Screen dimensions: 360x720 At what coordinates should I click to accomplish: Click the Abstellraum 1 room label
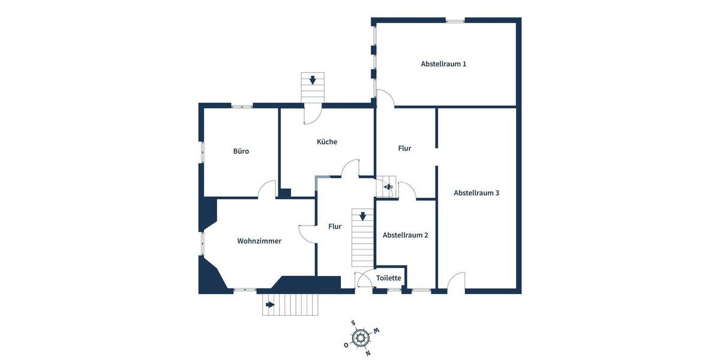(443, 64)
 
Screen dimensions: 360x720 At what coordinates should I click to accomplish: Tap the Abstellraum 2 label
(405, 235)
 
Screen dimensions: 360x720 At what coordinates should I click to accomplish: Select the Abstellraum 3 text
(476, 193)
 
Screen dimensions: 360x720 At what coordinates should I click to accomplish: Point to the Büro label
(241, 151)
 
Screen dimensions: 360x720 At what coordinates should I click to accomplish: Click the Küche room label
(327, 142)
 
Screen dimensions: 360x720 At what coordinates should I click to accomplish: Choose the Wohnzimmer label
(259, 241)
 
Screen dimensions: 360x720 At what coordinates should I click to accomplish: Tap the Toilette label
(388, 278)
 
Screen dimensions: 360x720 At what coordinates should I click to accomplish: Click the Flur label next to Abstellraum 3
(404, 148)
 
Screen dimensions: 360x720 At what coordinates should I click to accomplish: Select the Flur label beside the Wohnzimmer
(335, 227)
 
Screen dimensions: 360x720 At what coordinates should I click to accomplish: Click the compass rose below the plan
(360, 338)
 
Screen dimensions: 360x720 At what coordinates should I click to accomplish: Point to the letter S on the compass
(353, 323)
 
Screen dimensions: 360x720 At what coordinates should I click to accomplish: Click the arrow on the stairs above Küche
(312, 80)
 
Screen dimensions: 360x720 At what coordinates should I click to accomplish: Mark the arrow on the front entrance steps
(270, 305)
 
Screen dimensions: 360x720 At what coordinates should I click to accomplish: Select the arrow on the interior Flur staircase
(362, 216)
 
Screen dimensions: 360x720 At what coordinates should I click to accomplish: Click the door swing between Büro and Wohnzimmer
(266, 191)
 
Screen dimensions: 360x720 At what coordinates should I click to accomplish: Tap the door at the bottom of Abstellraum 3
(456, 281)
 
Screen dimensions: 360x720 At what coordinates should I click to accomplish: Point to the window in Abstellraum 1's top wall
(455, 21)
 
